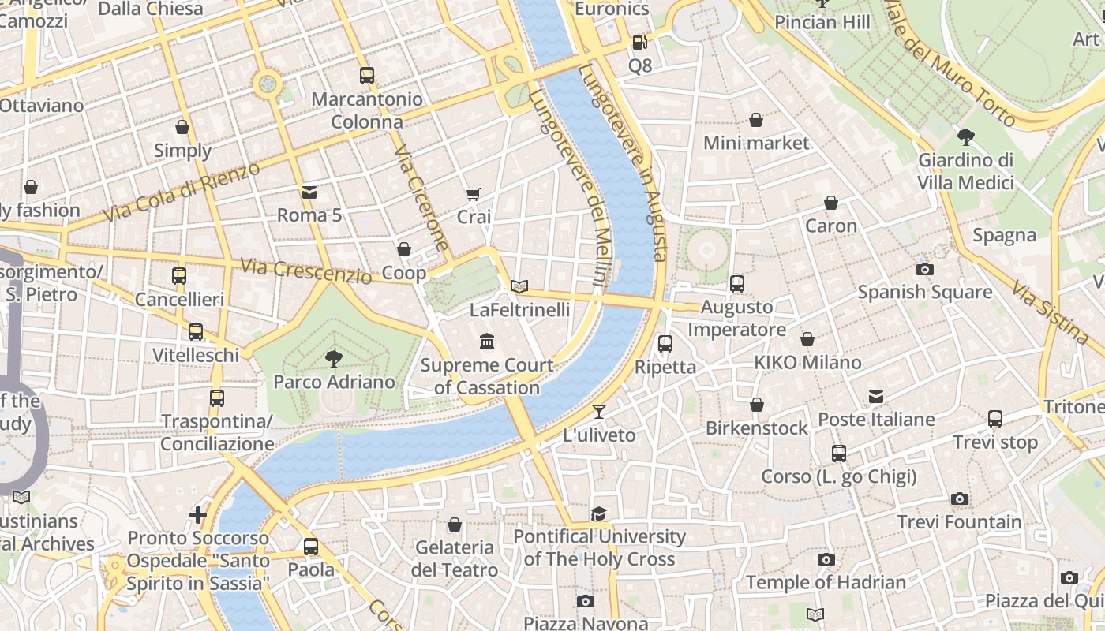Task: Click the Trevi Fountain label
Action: coord(959,522)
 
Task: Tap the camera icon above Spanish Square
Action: coord(925,269)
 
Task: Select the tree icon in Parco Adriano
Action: coord(334,359)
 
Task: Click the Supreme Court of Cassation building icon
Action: coord(487,342)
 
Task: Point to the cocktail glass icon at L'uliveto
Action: coord(599,411)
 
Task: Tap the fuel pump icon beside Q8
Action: coord(639,43)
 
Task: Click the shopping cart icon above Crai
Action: coord(474,194)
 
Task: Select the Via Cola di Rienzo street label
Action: coord(181,192)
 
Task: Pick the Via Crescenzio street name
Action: coord(306,271)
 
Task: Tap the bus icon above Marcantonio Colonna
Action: coord(366,76)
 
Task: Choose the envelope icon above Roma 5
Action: coord(309,192)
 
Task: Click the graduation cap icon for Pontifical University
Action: coord(599,513)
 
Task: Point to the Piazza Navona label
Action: coord(585,623)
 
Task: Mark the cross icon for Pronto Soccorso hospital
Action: coord(198,515)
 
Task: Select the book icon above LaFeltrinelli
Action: coord(519,286)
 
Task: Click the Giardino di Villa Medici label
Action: coord(965,171)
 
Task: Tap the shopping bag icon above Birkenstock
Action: coord(756,405)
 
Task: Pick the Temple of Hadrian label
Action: coord(826,582)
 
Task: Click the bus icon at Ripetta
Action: coord(665,344)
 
